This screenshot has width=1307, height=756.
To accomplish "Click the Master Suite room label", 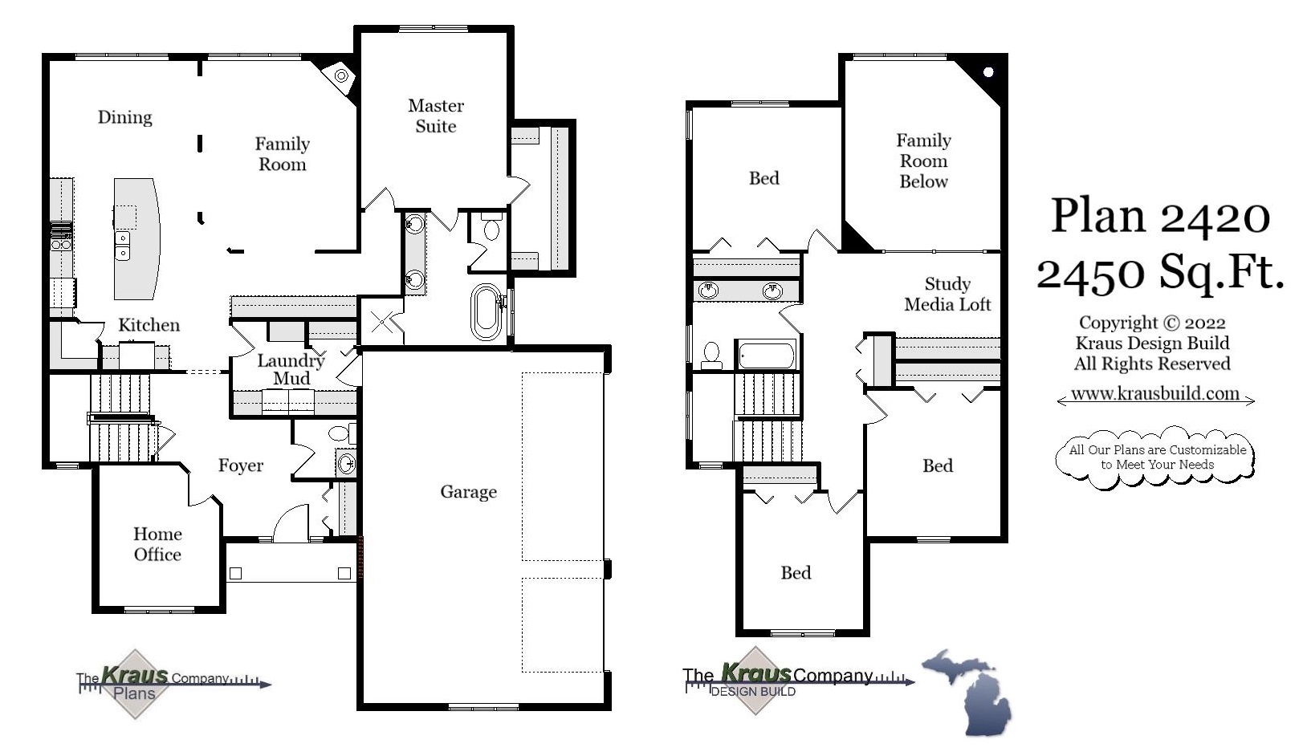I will [435, 116].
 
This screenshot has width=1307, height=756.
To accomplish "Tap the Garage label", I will [468, 492].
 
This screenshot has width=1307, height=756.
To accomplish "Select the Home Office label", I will [157, 544].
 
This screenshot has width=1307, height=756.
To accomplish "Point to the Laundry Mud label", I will [291, 369].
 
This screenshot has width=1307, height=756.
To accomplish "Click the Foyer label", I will [240, 465].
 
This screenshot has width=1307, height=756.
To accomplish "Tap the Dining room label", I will [124, 117].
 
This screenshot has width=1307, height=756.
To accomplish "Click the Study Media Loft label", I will [947, 294].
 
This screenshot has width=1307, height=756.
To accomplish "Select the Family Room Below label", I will [923, 161].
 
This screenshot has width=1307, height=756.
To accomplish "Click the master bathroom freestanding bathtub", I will [486, 311].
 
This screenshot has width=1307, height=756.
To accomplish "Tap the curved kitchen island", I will [136, 238].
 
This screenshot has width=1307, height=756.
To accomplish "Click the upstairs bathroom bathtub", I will [766, 355].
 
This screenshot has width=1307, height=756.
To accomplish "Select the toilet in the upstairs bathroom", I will [711, 354].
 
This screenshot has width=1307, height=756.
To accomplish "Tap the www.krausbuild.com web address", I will [1154, 394].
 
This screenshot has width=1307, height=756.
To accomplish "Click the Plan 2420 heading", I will [1160, 215].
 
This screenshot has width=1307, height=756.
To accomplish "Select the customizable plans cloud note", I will [1156, 457].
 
